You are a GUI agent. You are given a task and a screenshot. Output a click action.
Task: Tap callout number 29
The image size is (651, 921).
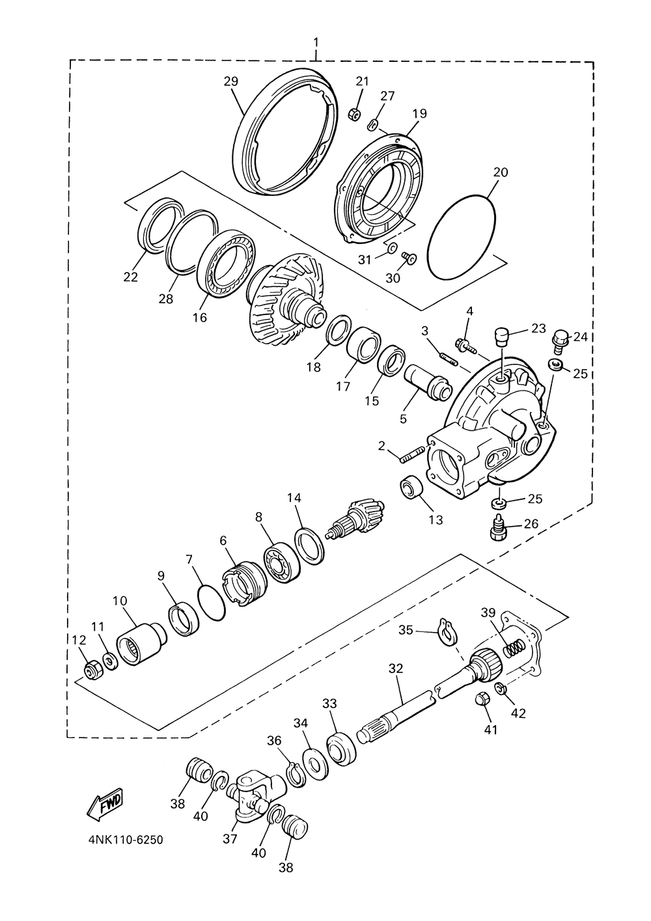231,81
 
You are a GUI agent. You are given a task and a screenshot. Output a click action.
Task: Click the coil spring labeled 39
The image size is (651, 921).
514,648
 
